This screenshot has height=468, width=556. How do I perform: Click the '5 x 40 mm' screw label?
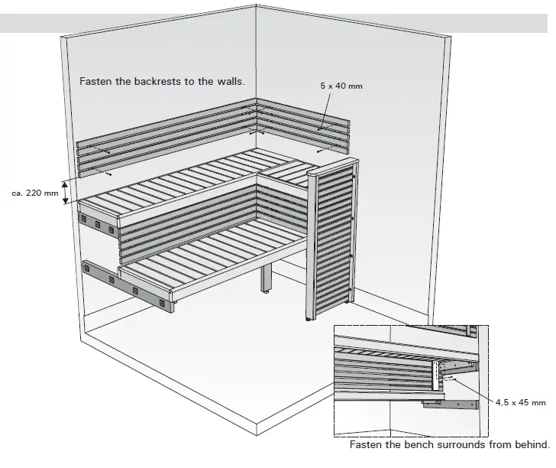pyautogui.click(x=341, y=86)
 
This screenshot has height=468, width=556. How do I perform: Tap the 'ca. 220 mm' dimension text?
pyautogui.click(x=35, y=193)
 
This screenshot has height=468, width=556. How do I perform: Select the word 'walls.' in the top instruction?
pyautogui.click(x=230, y=81)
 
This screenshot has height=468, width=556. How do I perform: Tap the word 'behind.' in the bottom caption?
pyautogui.click(x=531, y=444)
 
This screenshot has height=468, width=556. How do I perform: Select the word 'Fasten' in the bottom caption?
pyautogui.click(x=367, y=444)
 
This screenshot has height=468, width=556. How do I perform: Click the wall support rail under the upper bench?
pyautogui.click(x=98, y=224)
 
